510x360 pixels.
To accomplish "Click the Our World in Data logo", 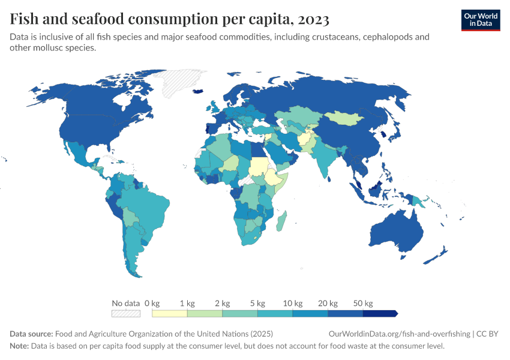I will (481, 20).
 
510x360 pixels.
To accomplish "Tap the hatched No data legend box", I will (125, 313).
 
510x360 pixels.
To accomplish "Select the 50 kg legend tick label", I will (364, 303).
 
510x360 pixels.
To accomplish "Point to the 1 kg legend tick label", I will (187, 303).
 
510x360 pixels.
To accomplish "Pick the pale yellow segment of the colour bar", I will (169, 313).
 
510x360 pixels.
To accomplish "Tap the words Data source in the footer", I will (31, 334).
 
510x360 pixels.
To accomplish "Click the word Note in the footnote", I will (20, 346).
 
